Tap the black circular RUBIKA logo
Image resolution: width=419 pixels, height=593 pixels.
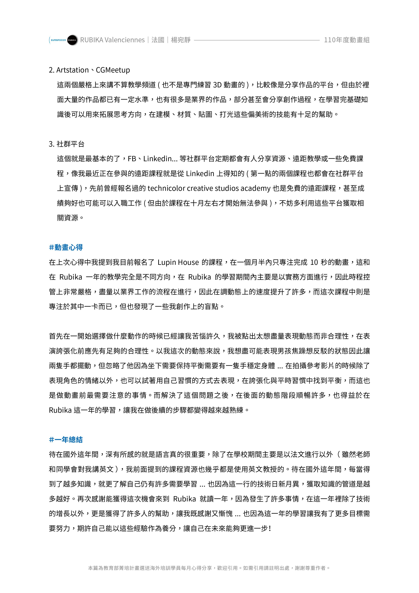pos(72,40)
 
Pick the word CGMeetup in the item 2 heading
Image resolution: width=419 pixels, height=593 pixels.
pos(113,70)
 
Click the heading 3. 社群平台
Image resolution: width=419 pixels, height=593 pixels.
pos(67,144)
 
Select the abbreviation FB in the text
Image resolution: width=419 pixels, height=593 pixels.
pos(132,159)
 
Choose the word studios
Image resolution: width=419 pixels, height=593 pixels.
pos(226,188)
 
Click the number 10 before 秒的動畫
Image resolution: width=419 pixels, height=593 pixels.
pos(314,262)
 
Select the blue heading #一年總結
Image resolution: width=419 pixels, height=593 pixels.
pos(66,440)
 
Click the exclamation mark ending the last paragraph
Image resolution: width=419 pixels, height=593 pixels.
pos(270,528)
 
